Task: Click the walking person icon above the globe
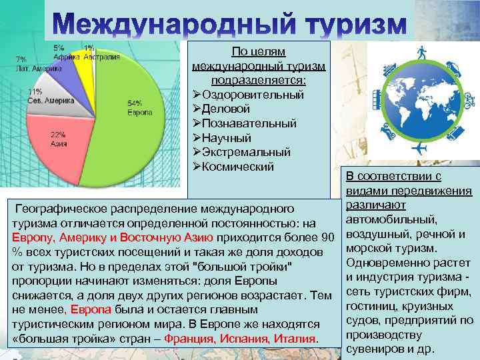click(421, 51)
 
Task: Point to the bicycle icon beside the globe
click(469, 100)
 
